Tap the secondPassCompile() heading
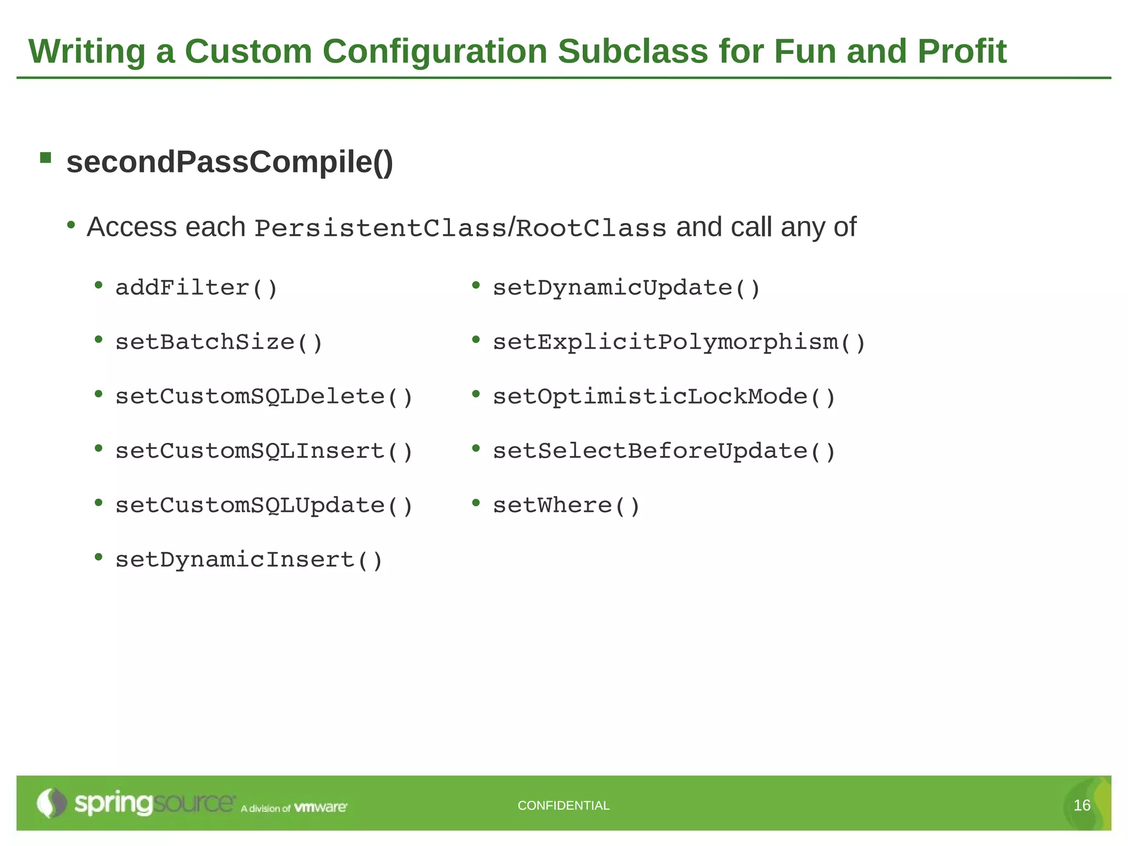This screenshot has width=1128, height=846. point(230,162)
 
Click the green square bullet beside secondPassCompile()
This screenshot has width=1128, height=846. point(46,159)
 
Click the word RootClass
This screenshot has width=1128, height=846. point(591,228)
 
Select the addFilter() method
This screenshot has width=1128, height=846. point(196,288)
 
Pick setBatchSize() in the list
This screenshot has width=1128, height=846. point(219,342)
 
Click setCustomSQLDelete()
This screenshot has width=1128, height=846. point(264,397)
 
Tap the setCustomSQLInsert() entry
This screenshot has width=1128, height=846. point(264,451)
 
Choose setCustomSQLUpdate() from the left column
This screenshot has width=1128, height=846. point(264,506)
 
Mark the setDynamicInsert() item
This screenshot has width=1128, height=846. point(249,560)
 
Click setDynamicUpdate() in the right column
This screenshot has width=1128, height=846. point(626,288)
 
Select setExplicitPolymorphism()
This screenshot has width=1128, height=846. point(679,342)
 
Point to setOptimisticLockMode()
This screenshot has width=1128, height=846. point(664,397)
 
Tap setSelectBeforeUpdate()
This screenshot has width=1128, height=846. point(664,451)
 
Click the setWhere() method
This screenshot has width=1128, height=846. point(566,506)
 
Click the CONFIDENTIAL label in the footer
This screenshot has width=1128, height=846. point(563,805)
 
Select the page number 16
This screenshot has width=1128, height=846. point(1082,805)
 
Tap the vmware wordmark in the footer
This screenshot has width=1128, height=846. point(321,807)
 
